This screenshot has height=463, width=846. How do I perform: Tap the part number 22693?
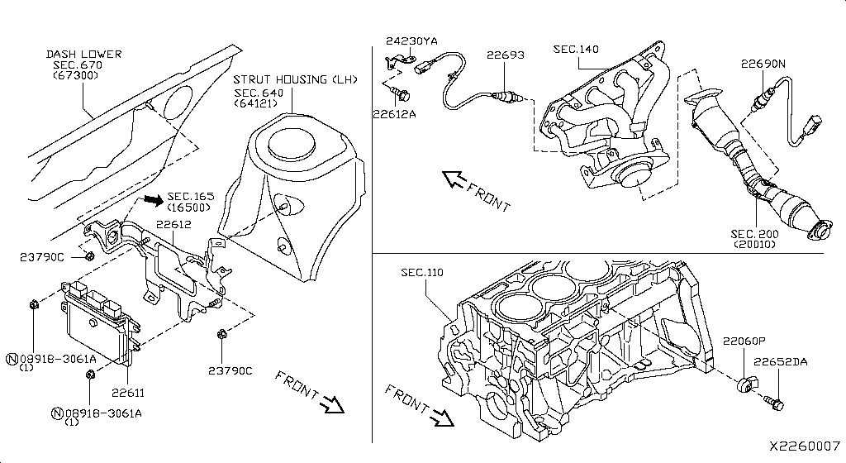[x=505, y=55]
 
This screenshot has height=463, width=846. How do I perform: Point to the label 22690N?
[x=763, y=63]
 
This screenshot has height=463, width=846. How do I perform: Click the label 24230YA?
[x=411, y=40]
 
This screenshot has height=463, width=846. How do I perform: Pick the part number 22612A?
[x=393, y=114]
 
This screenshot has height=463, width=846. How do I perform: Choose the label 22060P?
[x=744, y=341]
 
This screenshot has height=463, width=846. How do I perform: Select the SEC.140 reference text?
[x=576, y=50]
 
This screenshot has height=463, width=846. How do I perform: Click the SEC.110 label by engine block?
[x=423, y=272]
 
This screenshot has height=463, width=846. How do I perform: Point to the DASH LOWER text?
[x=83, y=55]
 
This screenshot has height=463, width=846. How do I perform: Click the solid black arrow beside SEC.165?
[x=151, y=199]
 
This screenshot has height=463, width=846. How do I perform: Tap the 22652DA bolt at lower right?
[x=777, y=401]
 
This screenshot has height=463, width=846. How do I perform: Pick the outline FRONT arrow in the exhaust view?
[x=454, y=179]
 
